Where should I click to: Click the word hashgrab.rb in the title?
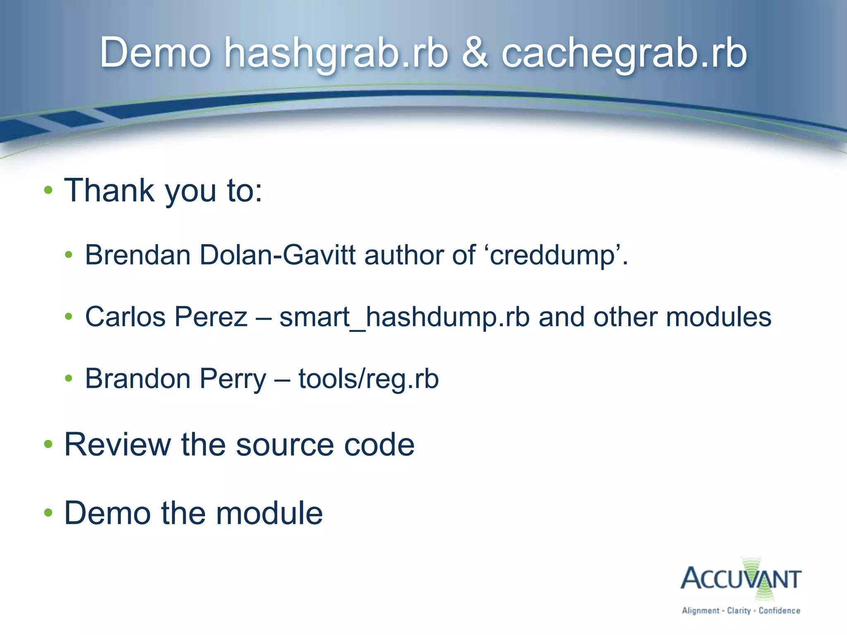point(336,53)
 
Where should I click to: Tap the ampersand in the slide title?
point(475,53)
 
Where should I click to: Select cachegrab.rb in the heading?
point(624,53)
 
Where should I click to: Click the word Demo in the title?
point(156,53)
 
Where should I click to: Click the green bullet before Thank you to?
point(48,191)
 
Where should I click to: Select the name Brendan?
point(138,255)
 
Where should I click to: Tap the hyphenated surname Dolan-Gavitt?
point(278,255)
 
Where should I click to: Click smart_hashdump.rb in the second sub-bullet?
point(404,317)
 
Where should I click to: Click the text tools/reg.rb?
point(368,379)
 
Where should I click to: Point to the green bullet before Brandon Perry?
point(69,378)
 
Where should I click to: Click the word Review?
point(117,444)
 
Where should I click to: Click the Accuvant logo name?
point(741,579)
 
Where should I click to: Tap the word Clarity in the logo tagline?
point(739,611)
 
